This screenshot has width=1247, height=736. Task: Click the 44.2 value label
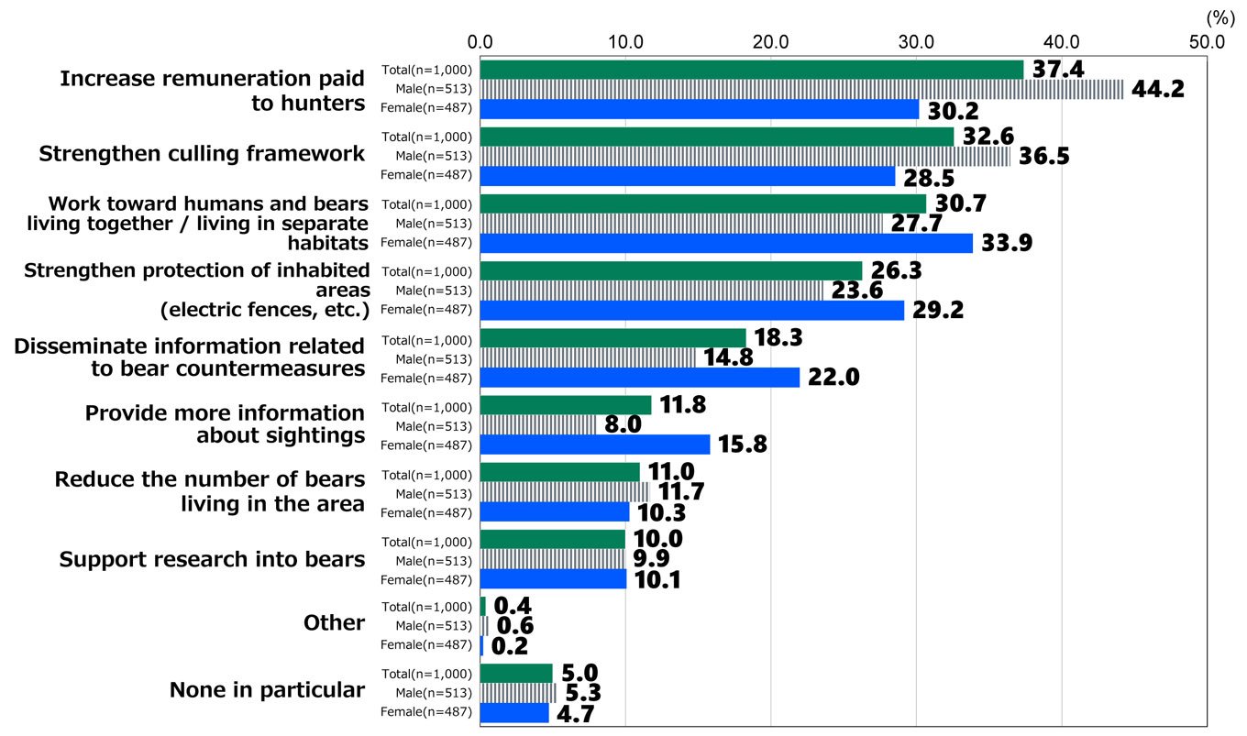click(1158, 89)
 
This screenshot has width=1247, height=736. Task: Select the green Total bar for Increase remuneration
click(751, 70)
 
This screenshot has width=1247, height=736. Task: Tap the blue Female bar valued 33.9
click(725, 243)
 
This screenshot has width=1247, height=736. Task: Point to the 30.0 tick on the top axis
click(915, 41)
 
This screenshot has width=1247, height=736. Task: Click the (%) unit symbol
click(1220, 17)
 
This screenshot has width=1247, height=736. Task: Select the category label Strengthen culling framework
click(202, 154)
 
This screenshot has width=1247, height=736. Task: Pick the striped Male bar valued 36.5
click(745, 157)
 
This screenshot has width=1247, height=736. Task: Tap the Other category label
click(334, 623)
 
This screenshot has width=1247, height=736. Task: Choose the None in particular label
click(267, 690)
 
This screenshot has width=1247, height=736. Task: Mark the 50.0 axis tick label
click(1206, 41)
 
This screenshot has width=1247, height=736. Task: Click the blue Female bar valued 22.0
click(639, 378)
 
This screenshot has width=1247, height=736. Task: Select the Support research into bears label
click(212, 559)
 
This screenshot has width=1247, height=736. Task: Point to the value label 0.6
click(513, 626)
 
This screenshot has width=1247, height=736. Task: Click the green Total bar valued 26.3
click(670, 271)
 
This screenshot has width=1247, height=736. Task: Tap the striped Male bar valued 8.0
click(538, 425)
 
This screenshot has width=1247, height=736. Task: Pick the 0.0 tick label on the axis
click(480, 41)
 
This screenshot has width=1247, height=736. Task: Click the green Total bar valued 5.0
click(516, 674)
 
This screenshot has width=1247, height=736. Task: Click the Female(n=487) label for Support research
click(426, 579)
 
